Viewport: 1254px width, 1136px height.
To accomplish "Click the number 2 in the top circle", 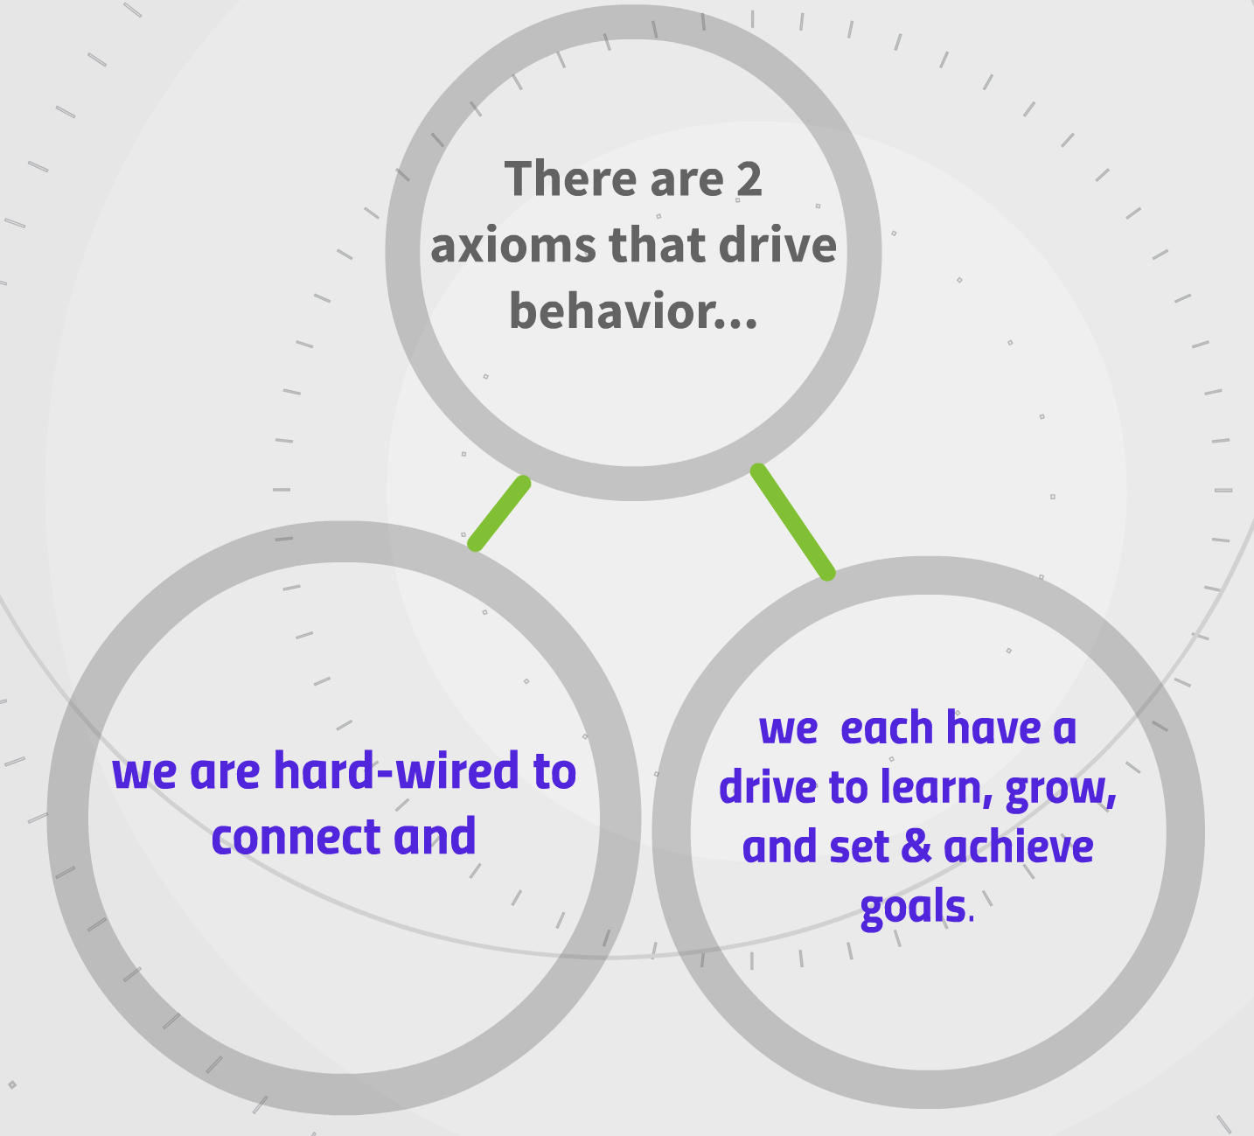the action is click(x=749, y=180).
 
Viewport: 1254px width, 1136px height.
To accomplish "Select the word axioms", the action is click(x=513, y=246).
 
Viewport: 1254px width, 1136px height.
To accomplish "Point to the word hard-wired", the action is click(x=397, y=770).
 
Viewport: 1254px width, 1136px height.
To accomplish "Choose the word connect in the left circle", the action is click(x=296, y=837).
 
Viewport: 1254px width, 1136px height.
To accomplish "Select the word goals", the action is click(x=913, y=908).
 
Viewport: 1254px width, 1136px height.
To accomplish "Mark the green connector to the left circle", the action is click(x=498, y=514).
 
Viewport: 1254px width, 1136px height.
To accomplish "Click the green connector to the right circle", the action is click(x=792, y=522).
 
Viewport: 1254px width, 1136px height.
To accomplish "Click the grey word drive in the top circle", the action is click(x=777, y=245).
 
